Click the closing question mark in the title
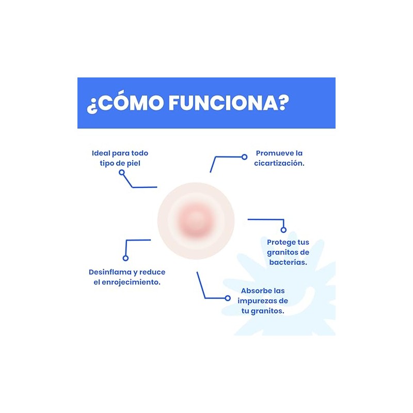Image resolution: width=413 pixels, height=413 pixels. pyautogui.click(x=283, y=102)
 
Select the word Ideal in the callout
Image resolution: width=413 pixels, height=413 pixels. pyautogui.click(x=101, y=153)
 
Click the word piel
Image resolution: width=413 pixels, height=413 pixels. pyautogui.click(x=134, y=163)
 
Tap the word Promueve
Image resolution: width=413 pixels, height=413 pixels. pyautogui.click(x=272, y=153)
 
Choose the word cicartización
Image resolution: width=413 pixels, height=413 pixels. pyautogui.click(x=279, y=163)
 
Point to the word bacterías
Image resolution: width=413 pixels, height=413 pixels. pyautogui.click(x=288, y=262)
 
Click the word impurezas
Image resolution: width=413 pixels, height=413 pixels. pyautogui.click(x=255, y=301)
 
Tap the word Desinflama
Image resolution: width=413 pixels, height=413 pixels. pyautogui.click(x=110, y=272)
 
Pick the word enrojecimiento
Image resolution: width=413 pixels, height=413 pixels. pyautogui.click(x=131, y=282)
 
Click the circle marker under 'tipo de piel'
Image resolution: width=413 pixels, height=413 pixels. pyautogui.click(x=121, y=172)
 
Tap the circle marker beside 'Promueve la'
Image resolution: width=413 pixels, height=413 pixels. pyautogui.click(x=244, y=157)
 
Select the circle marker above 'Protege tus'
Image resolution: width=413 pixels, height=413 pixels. pyautogui.click(x=283, y=230)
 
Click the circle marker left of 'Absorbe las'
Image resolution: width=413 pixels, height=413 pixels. pyautogui.click(x=228, y=298)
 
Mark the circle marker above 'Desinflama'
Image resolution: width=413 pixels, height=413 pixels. pyautogui.click(x=125, y=258)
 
